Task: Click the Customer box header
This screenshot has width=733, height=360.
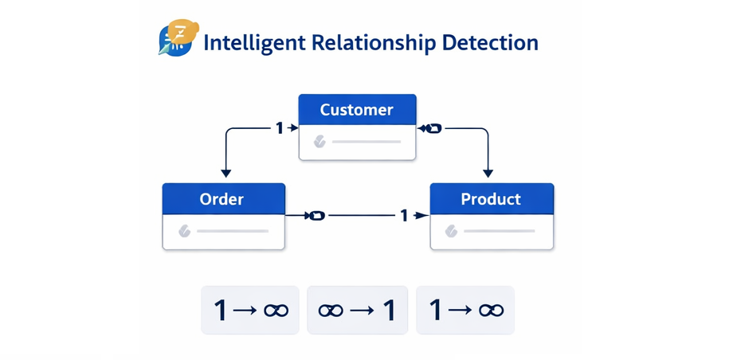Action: coord(357,109)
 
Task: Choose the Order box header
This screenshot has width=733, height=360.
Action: coord(222,198)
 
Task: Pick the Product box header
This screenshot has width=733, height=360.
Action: coord(491,198)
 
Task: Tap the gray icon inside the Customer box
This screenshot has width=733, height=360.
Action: coord(319,142)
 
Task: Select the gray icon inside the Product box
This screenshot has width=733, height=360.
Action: coord(452,232)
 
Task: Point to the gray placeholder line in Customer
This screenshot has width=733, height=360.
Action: coord(366,142)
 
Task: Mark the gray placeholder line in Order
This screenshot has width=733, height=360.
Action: coord(232,232)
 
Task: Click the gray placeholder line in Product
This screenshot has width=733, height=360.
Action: coord(499,232)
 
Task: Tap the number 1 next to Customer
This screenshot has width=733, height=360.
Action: coord(280,127)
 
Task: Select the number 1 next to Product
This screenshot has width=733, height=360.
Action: coord(404,215)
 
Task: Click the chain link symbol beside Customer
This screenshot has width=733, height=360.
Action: coord(431,127)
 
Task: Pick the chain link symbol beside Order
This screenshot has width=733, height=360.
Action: coord(316,215)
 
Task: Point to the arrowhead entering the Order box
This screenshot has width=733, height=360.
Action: coord(225,172)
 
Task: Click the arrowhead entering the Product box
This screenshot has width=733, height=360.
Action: coord(488,172)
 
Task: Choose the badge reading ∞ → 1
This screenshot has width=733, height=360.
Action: coord(357,310)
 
